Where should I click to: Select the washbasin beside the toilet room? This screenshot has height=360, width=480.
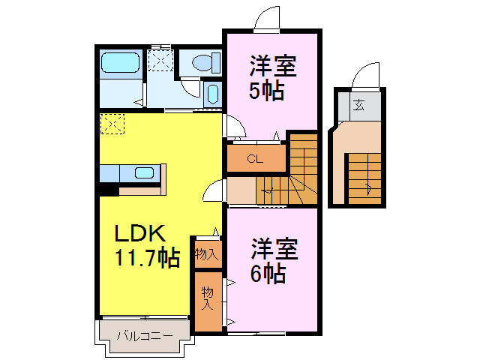tap(211, 94)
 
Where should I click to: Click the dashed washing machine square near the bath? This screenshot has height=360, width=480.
tap(160, 59)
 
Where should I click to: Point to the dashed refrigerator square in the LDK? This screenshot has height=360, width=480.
tap(112, 124)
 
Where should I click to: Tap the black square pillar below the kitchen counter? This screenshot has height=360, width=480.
tap(108, 190)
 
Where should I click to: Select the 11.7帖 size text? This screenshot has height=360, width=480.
tap(146, 259)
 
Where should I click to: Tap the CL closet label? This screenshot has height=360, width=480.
tap(255, 159)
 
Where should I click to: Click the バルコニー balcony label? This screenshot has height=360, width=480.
tap(144, 336)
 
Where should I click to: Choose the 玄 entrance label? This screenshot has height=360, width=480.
tap(359, 106)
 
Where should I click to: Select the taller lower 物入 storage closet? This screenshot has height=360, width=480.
tap(208, 298)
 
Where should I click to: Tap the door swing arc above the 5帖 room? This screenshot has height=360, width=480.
tap(266, 19)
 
